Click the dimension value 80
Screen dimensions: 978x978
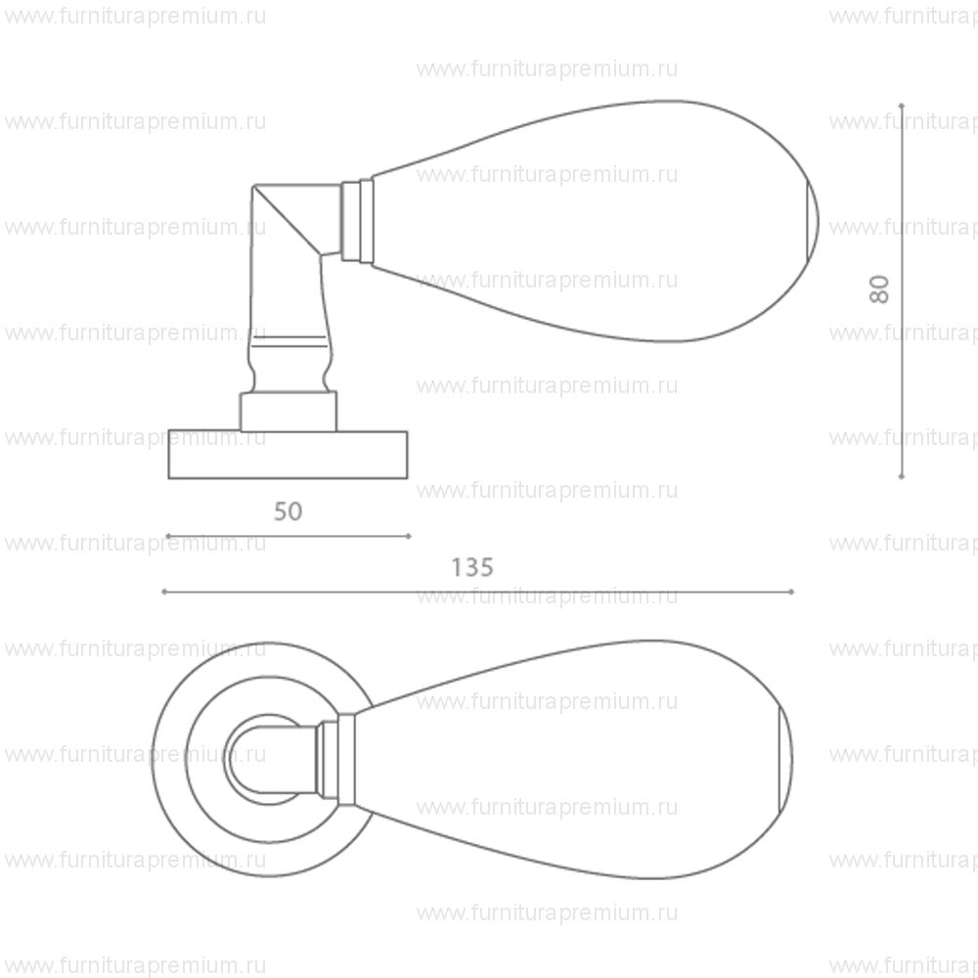(x=880, y=289)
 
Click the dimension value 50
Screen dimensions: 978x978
(x=288, y=511)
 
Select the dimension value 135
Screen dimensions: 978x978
(x=472, y=567)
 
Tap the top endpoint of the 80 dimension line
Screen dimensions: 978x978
(x=902, y=104)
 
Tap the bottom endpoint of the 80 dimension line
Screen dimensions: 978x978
(x=902, y=477)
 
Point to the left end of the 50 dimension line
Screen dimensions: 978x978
(x=168, y=536)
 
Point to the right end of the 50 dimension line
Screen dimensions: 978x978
(x=409, y=536)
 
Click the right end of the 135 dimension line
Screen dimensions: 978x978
(x=792, y=592)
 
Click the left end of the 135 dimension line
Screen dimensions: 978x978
(x=163, y=592)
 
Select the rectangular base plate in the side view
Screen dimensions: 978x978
(x=288, y=455)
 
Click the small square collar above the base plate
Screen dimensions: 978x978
(x=289, y=411)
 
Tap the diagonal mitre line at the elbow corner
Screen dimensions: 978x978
(x=286, y=221)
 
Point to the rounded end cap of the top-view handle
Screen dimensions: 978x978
(x=784, y=758)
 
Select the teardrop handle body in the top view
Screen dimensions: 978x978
(x=567, y=758)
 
